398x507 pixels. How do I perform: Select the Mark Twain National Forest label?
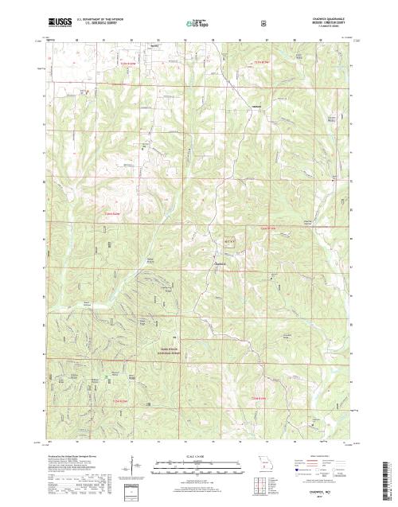(159, 351)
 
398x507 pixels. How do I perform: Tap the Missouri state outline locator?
(264, 462)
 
